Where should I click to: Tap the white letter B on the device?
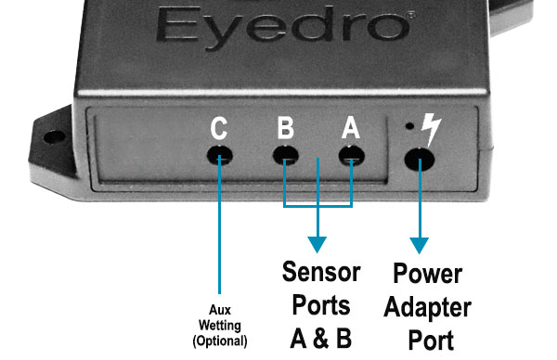(286, 127)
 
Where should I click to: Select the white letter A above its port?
(351, 127)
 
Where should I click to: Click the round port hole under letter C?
(220, 156)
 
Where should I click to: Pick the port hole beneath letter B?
(286, 155)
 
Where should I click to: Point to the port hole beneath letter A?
(352, 156)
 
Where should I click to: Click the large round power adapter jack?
(420, 160)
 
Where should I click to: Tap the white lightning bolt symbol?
(432, 129)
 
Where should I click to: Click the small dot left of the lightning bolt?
(409, 125)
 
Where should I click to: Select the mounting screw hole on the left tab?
(54, 136)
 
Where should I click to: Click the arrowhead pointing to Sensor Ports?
(317, 245)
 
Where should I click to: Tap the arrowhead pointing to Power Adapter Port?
(420, 245)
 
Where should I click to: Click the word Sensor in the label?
(321, 272)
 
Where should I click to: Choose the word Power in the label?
(428, 273)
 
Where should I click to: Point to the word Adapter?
(427, 307)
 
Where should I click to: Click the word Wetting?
(220, 326)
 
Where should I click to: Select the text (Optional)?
(220, 341)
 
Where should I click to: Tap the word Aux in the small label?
(220, 310)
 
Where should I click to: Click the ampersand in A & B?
(321, 339)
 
